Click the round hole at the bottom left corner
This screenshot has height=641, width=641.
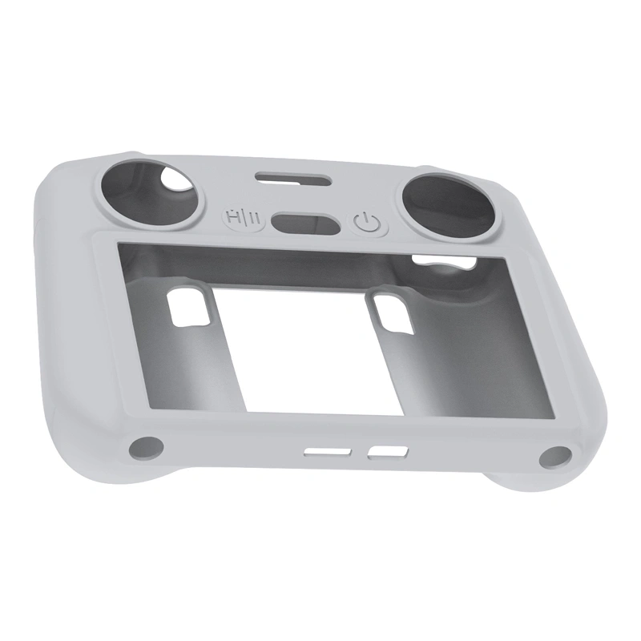pyautogui.click(x=146, y=447)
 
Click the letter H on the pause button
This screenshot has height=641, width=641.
pyautogui.click(x=234, y=216)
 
